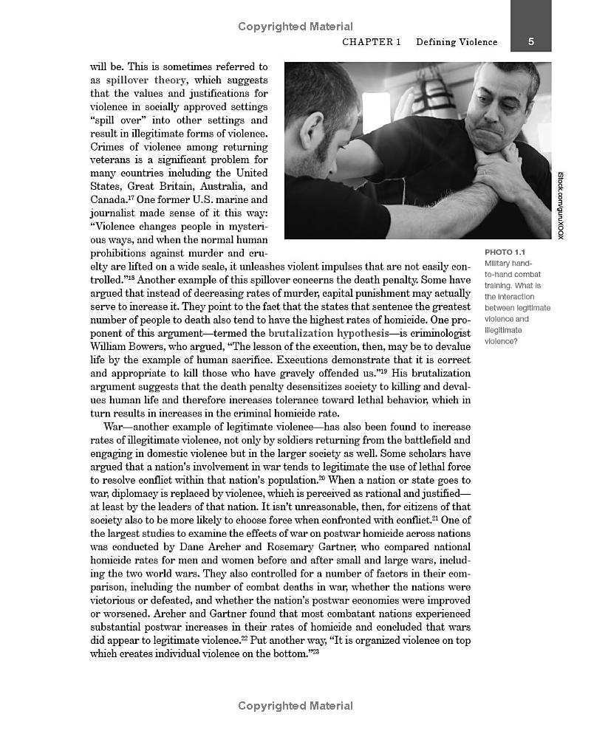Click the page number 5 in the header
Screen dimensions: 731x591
530,42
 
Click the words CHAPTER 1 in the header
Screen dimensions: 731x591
372,42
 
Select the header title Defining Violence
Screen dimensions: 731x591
456,42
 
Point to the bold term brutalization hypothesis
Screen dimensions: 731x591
329,334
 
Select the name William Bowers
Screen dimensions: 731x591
127,347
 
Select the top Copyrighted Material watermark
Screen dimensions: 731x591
295,27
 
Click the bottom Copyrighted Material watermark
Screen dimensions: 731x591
295,706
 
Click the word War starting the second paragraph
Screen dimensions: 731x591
113,427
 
